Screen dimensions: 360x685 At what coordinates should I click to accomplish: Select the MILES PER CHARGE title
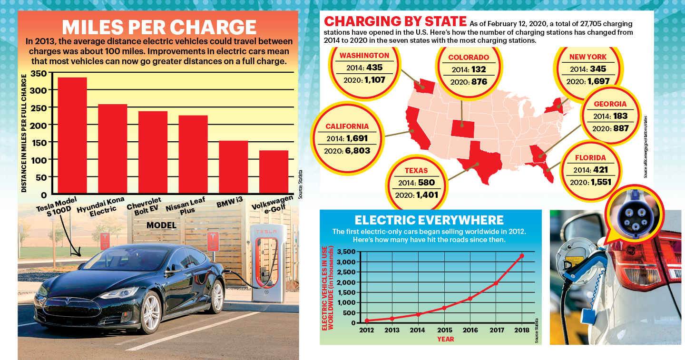(x=159, y=27)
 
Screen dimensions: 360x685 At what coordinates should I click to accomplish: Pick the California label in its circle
(x=347, y=126)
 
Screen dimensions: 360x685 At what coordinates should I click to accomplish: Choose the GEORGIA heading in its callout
(x=610, y=104)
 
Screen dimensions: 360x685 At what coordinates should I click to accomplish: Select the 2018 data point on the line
(x=522, y=256)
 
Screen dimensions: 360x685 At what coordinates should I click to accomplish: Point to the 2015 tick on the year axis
(x=444, y=330)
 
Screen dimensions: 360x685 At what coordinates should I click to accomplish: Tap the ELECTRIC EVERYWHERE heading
(x=429, y=220)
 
